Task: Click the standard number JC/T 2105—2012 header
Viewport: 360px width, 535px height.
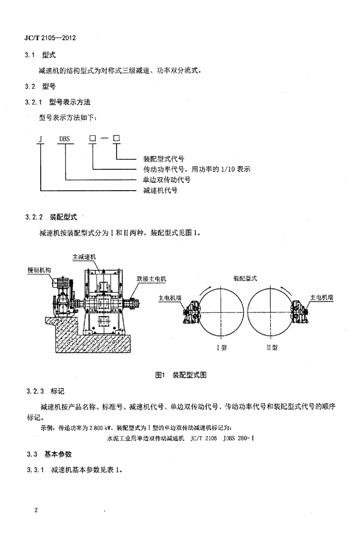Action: tap(50, 38)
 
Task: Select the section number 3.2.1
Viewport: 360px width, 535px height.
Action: tap(34, 102)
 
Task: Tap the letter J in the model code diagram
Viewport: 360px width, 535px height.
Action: tap(41, 139)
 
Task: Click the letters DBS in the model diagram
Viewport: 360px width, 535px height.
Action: tap(64, 139)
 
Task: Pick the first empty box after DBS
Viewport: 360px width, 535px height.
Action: tap(92, 138)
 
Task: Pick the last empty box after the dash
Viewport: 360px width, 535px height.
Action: tap(117, 138)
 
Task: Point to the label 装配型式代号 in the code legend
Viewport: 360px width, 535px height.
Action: tap(164, 158)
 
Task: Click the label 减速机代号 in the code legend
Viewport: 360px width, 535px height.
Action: tap(160, 190)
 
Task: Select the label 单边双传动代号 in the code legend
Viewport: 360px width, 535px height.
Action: tap(167, 180)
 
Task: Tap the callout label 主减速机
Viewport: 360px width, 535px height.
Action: tap(84, 257)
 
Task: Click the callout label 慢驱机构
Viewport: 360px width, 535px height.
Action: tap(39, 270)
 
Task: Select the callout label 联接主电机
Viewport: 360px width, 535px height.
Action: tap(152, 279)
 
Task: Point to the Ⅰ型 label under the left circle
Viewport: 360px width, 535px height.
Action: tap(222, 347)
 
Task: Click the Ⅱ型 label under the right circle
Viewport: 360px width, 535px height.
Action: tap(272, 347)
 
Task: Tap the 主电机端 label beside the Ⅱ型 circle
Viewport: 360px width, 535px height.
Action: tap(321, 297)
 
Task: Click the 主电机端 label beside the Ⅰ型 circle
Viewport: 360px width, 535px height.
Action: tap(170, 298)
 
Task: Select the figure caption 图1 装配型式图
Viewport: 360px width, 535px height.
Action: tap(181, 375)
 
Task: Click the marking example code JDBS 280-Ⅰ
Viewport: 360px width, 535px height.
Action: tap(238, 438)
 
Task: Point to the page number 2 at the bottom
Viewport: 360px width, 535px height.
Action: tap(36, 510)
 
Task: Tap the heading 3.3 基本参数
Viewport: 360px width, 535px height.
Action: tap(49, 454)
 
